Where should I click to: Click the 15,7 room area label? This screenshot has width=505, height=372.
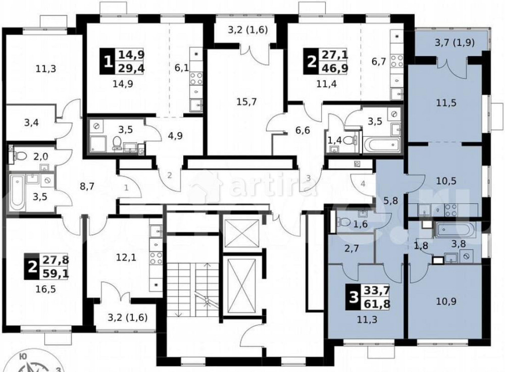(247, 101)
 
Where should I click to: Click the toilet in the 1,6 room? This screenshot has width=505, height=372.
(343, 222)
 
